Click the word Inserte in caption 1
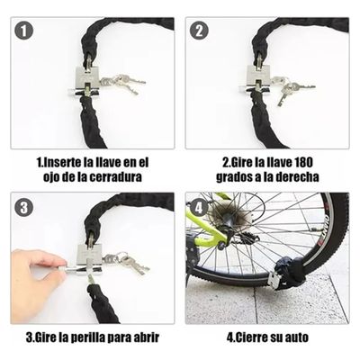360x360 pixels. click(67, 163)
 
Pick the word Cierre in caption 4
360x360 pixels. click(257, 339)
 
